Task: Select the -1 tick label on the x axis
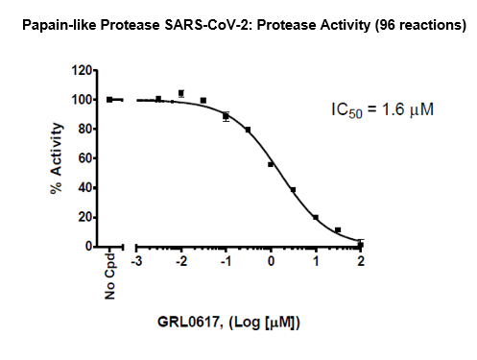click(225, 261)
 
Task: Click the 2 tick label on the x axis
click(361, 261)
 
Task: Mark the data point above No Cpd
click(110, 99)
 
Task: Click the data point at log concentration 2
click(360, 244)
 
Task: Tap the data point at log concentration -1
click(226, 116)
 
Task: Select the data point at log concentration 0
click(271, 164)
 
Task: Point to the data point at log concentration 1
click(315, 217)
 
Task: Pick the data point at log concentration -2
click(180, 94)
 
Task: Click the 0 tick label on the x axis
click(271, 261)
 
